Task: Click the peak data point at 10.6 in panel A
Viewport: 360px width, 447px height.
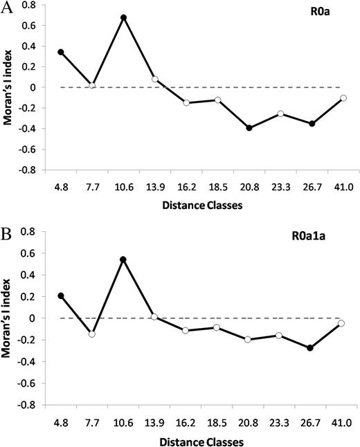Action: coord(123,17)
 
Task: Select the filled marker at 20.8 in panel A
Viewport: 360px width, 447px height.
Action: coord(249,128)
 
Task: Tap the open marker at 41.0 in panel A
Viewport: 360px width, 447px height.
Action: coord(343,98)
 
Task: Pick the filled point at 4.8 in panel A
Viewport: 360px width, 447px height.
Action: coord(61,52)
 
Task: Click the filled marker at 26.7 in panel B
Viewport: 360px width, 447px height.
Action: coord(311,348)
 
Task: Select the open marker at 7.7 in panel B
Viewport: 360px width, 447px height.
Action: coord(92,334)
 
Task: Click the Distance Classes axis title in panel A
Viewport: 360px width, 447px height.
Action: coord(201,207)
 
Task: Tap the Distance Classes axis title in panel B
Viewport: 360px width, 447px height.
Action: coord(201,438)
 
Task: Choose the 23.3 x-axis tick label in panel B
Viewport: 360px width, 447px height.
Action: coord(280,420)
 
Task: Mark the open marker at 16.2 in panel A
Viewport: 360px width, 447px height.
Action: coord(186,102)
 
